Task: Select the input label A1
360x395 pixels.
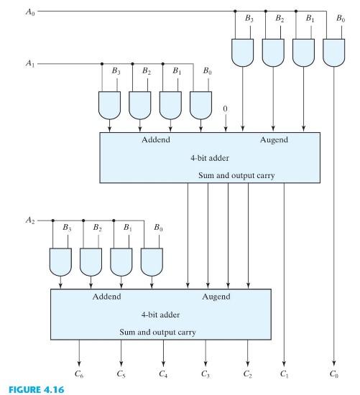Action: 29,64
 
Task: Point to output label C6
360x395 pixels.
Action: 79,373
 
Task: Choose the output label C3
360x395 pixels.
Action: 207,373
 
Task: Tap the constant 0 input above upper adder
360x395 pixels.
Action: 226,109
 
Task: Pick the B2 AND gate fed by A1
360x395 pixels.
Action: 139,104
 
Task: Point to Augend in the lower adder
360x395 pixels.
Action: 216,297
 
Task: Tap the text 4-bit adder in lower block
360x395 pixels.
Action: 161,315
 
